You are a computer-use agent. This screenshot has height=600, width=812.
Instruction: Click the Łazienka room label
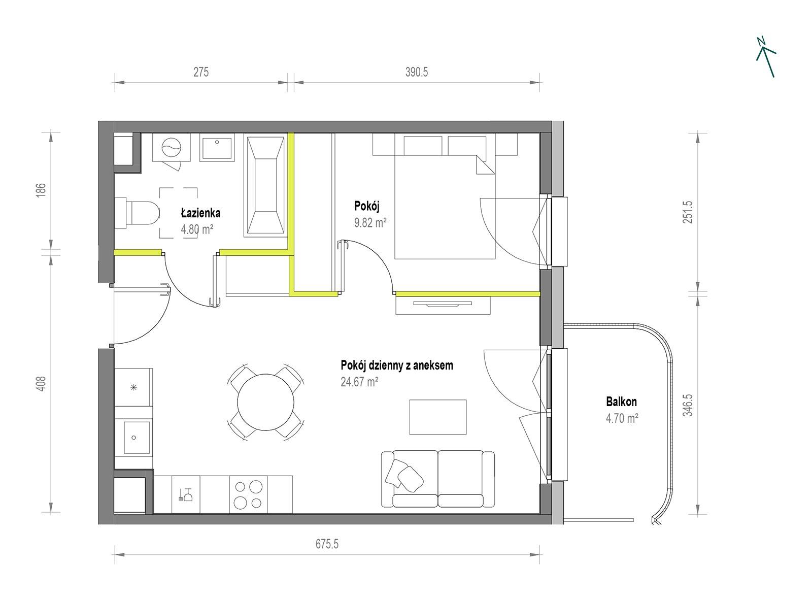200,213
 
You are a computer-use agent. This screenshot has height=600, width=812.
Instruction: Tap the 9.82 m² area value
370,222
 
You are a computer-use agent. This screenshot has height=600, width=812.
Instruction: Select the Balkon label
621,402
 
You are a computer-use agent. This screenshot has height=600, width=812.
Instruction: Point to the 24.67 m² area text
359,382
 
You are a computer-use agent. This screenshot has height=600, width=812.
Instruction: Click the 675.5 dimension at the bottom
327,544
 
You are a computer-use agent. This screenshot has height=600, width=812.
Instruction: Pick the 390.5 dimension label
417,72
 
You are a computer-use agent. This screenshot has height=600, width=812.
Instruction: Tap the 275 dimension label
201,72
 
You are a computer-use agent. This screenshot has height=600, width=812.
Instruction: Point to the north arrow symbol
766,57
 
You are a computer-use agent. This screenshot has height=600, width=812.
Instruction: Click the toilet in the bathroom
137,213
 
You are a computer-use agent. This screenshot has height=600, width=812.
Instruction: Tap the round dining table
266,402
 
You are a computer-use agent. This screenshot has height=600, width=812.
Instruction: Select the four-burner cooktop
248,494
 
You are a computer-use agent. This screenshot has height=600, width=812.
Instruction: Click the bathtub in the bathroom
266,186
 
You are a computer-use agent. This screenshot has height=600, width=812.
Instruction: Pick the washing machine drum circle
172,148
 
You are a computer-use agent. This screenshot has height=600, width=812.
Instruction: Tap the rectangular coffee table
438,417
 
